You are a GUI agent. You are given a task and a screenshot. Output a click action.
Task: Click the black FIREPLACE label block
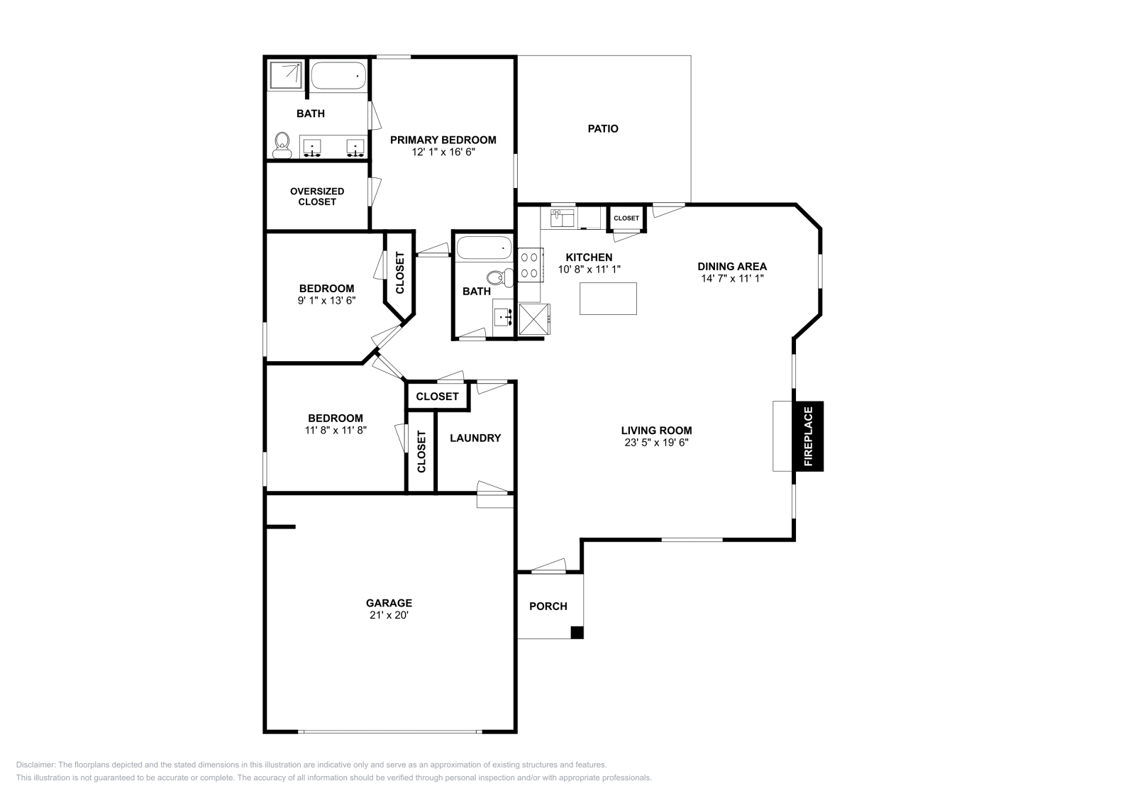click(808, 436)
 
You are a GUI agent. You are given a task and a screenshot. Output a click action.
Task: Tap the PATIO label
click(603, 128)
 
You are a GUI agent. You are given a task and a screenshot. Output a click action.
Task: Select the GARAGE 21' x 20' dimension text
click(389, 615)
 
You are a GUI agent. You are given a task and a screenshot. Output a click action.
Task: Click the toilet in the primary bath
click(282, 145)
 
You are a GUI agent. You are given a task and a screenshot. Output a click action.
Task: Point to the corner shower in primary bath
click(286, 75)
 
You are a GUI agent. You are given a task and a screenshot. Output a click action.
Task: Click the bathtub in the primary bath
click(338, 76)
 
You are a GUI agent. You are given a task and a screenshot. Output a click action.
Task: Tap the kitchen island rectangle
click(608, 299)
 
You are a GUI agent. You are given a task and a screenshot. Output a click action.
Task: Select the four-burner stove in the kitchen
click(530, 265)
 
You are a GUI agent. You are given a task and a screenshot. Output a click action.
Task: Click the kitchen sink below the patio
click(562, 218)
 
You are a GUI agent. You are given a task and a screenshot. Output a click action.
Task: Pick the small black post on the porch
click(577, 633)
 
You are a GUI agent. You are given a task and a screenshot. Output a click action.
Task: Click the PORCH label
click(548, 606)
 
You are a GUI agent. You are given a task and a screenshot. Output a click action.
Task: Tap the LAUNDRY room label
click(475, 438)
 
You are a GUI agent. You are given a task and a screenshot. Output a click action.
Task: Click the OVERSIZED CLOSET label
click(317, 196)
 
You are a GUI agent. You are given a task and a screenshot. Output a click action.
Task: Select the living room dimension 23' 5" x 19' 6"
click(657, 442)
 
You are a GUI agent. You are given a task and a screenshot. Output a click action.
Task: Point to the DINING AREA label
click(732, 267)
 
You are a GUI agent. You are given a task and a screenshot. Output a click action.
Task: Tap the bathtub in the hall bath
click(485, 248)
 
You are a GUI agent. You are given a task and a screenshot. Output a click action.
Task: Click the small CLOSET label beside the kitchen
click(626, 218)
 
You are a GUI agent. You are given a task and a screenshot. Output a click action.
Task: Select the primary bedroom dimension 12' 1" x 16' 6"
click(443, 152)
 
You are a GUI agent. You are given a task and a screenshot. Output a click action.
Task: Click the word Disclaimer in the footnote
click(35, 765)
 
